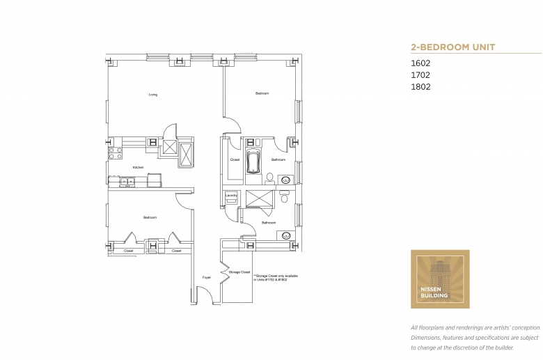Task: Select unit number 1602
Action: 420,63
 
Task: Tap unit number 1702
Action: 420,75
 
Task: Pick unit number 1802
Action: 420,87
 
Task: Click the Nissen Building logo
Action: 440,279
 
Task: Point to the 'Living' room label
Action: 152,95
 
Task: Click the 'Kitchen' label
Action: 138,168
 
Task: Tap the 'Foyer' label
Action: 206,277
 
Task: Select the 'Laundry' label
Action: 230,196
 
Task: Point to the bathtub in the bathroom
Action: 253,164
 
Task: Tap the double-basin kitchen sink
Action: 127,182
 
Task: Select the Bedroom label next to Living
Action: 262,93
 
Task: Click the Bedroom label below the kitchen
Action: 150,218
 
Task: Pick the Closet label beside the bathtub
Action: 235,160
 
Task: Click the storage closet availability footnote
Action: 276,278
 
